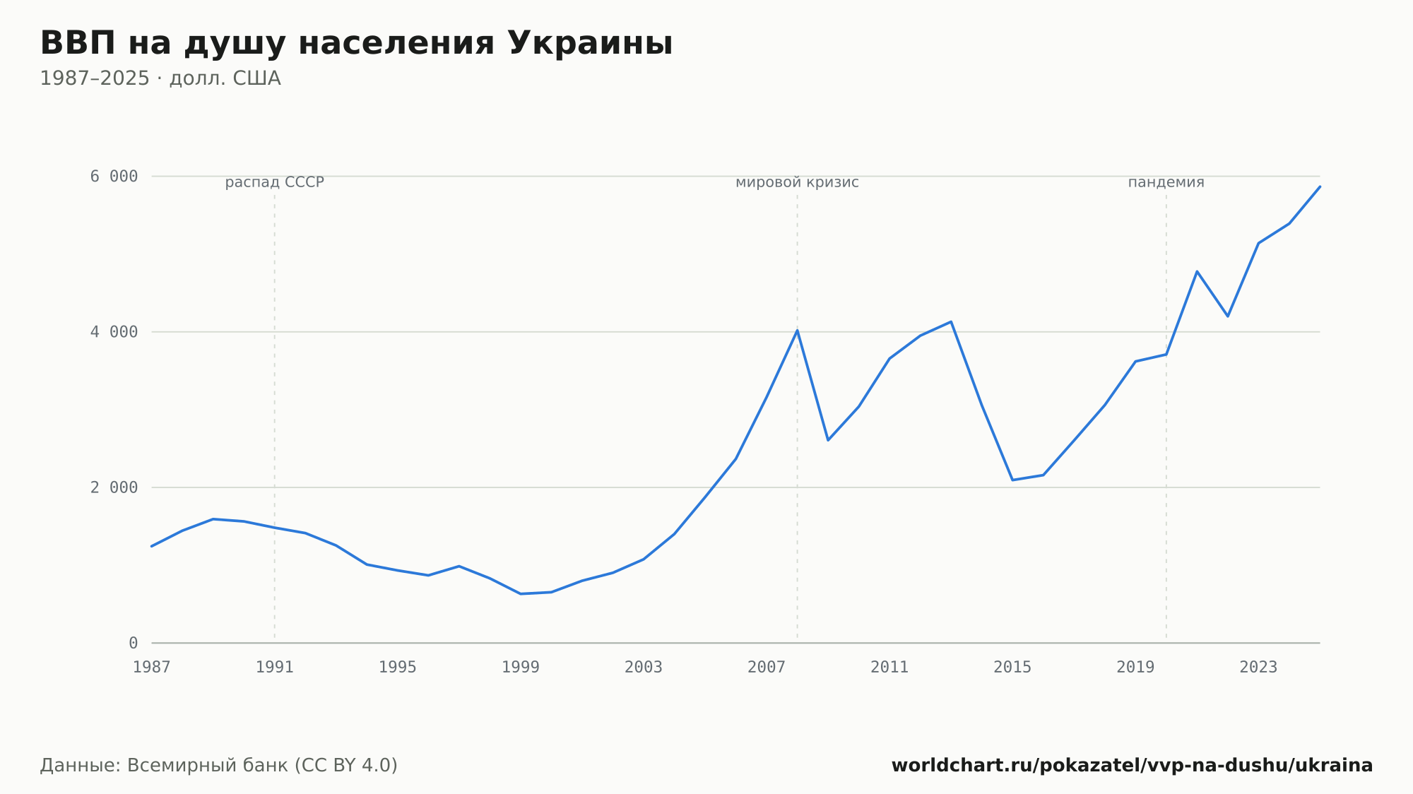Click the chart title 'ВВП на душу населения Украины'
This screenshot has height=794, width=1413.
[x=356, y=44]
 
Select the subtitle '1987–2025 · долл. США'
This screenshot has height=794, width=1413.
[x=160, y=78]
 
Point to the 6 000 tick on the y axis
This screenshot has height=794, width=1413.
[x=114, y=176]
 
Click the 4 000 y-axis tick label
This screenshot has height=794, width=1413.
[x=114, y=332]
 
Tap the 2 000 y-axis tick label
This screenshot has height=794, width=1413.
[x=114, y=487]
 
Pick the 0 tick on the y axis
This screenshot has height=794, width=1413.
[x=134, y=643]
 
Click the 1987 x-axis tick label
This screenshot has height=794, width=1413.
[x=152, y=667]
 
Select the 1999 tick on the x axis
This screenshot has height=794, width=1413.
[x=521, y=667]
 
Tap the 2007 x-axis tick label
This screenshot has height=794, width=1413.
[x=767, y=667]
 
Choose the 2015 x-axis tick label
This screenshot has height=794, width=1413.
[x=1012, y=667]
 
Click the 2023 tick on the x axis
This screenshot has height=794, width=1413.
[x=1258, y=667]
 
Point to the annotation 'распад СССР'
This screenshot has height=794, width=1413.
[x=275, y=182]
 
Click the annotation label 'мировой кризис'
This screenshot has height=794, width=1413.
[x=797, y=182]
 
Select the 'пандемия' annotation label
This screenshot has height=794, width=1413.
[x=1166, y=182]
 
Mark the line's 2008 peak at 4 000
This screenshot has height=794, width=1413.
[x=797, y=330]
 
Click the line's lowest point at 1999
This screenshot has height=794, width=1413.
[x=521, y=593]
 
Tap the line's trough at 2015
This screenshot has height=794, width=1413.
[x=1012, y=480]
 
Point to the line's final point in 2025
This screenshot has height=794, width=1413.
[x=1320, y=186]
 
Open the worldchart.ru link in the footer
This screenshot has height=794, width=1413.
[x=1132, y=766]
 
